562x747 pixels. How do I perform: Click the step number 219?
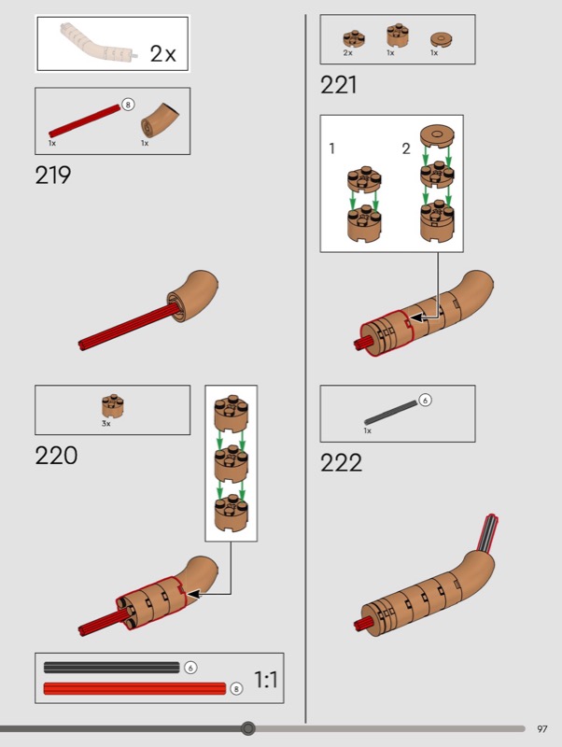[x=53, y=176]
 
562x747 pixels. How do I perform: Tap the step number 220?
[x=56, y=456]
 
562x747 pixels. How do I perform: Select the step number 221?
[x=338, y=85]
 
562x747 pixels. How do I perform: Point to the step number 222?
[x=341, y=462]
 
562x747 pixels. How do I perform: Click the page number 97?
[x=542, y=729]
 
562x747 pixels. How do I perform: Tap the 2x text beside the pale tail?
[x=162, y=53]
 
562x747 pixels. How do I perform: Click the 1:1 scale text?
[x=266, y=680]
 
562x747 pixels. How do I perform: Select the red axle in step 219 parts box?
[x=84, y=121]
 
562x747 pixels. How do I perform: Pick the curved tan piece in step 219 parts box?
[x=160, y=120]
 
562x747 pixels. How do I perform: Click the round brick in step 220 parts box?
[x=112, y=406]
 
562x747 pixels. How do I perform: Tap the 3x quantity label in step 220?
[x=105, y=424]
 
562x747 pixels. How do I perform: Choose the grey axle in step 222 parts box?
[x=390, y=413]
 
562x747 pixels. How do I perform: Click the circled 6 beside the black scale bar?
[x=190, y=668]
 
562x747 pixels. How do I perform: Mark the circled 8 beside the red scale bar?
[x=236, y=688]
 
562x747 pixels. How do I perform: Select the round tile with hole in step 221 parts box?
[x=441, y=39]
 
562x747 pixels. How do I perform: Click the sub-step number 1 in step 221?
[x=332, y=148]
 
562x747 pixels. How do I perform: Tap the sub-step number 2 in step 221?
[x=406, y=148]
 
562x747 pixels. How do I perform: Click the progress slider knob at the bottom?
[x=247, y=728]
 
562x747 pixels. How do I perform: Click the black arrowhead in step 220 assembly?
[x=194, y=594]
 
